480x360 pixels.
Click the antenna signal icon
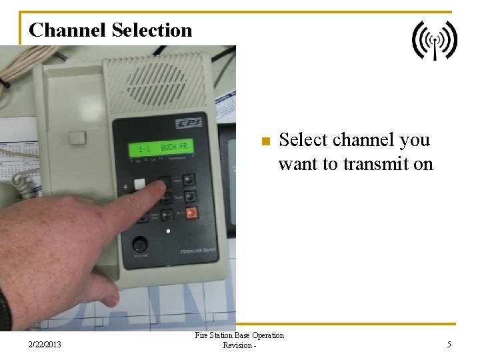click(x=435, y=40)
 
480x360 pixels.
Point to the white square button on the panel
click(x=139, y=184)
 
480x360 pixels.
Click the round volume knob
click(x=140, y=244)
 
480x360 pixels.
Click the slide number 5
click(x=449, y=345)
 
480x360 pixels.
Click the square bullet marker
click(x=264, y=141)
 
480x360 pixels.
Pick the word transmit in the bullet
click(x=371, y=163)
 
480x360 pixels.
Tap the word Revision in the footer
click(x=237, y=345)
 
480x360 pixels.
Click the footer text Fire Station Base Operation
click(x=239, y=335)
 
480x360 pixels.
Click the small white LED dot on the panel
click(x=168, y=231)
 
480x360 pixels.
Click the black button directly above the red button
click(x=191, y=197)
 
